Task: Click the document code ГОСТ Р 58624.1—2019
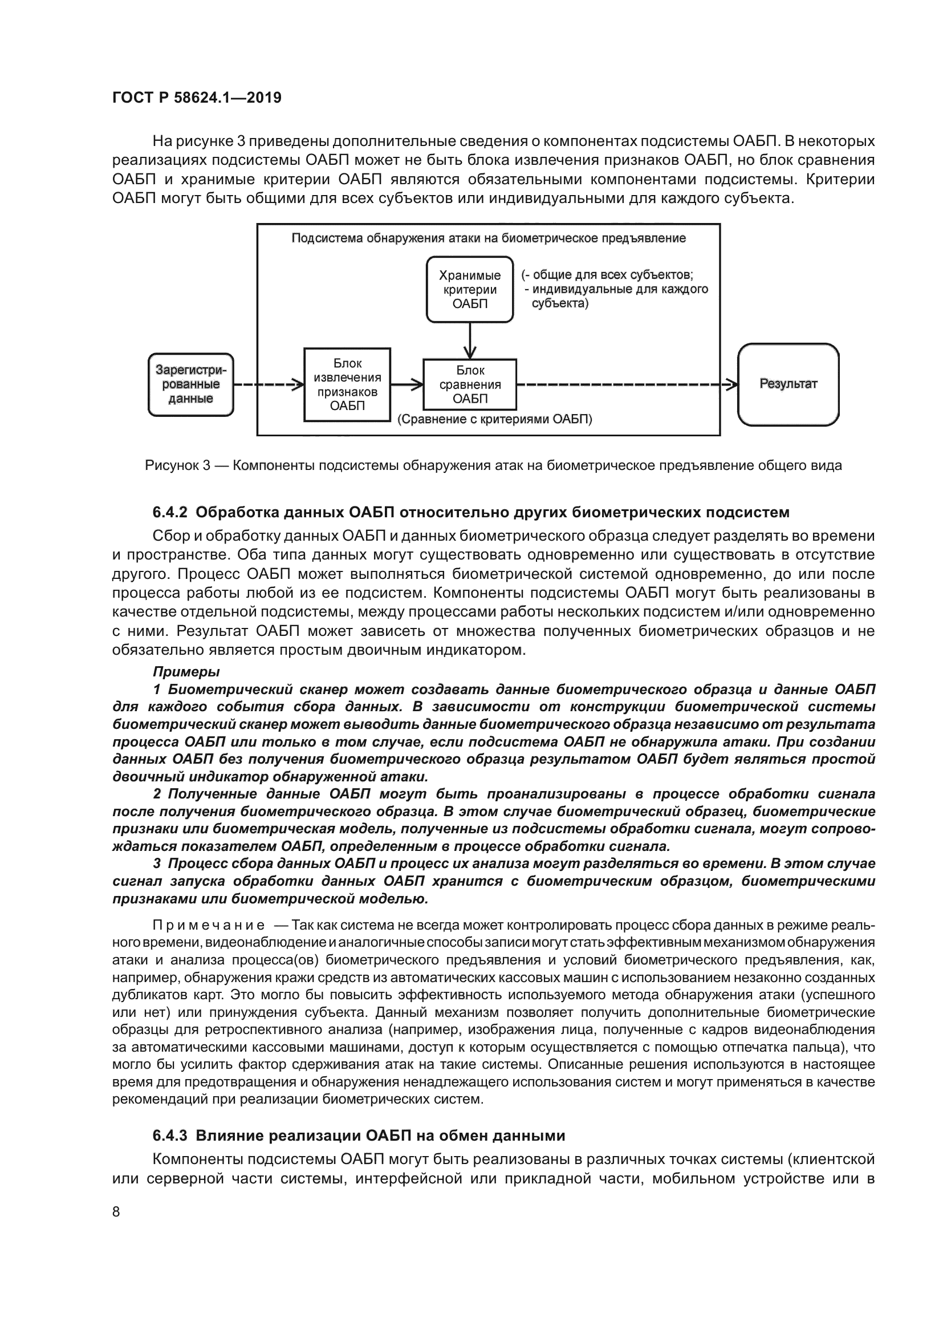coord(197,98)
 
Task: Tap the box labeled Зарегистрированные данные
coord(190,384)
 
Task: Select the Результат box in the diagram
coord(788,384)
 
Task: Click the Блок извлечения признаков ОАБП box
coord(347,384)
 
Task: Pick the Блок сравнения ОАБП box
coord(470,384)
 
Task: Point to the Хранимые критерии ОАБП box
coord(470,289)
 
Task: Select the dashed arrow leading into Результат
coord(627,384)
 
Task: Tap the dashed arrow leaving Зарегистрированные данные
coord(269,384)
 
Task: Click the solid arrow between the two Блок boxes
coord(407,384)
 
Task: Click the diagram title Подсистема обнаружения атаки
coord(488,238)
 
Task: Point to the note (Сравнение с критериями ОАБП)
coord(495,420)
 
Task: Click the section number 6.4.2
coord(170,513)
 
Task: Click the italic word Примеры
coord(186,672)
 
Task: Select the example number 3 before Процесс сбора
coord(157,863)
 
